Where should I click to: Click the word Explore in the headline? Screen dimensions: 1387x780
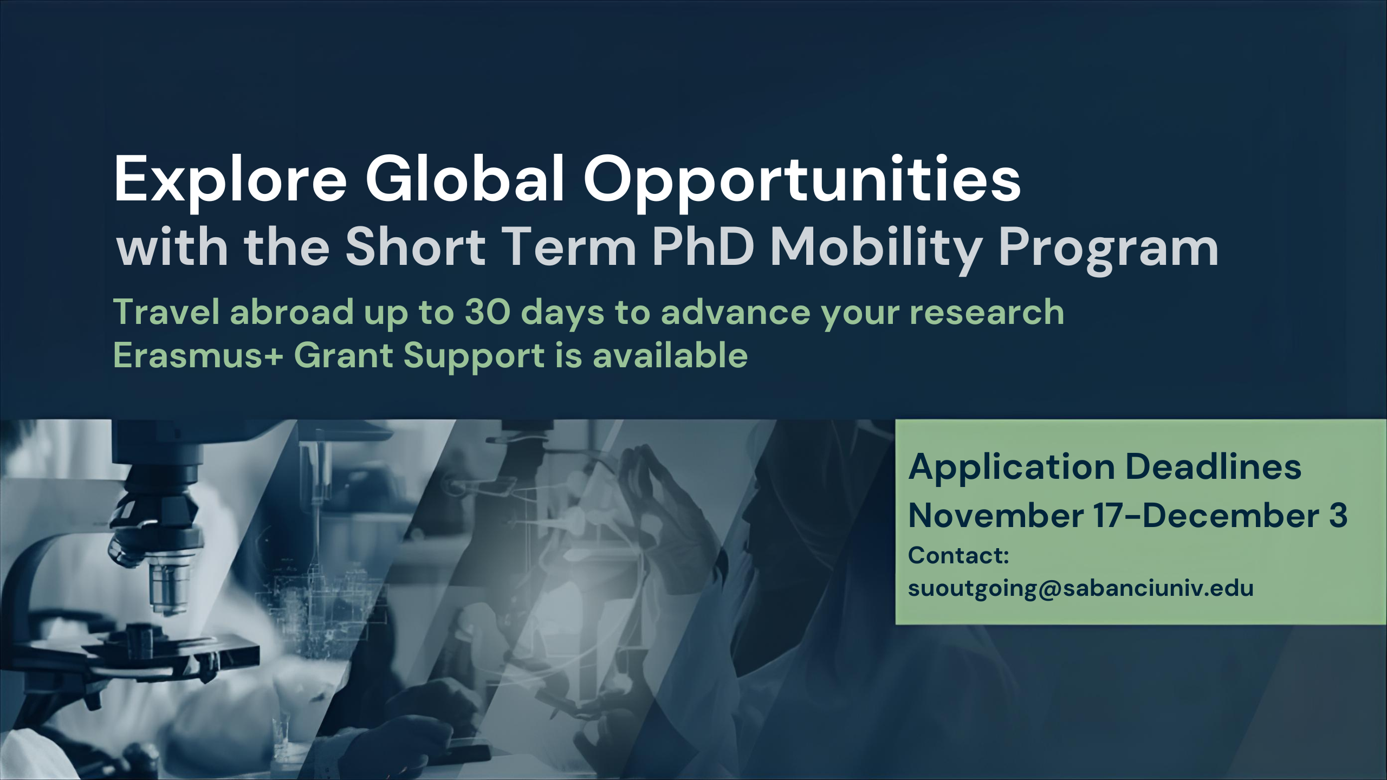230,179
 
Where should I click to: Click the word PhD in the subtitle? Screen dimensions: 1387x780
703,246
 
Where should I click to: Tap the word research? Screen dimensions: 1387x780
987,313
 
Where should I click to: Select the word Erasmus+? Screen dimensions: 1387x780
198,356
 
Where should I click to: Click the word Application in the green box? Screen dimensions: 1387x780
1011,468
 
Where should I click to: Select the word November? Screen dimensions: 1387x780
996,516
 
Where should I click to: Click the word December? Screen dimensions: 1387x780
1229,516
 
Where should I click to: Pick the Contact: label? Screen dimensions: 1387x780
958,556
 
